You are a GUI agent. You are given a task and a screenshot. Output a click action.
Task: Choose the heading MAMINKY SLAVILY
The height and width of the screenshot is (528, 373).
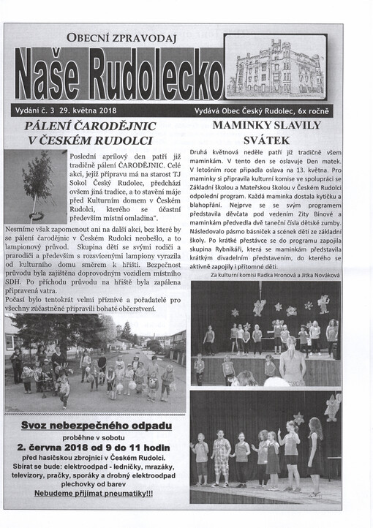265,126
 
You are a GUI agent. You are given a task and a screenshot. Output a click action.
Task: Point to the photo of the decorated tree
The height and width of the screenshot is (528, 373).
34,185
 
